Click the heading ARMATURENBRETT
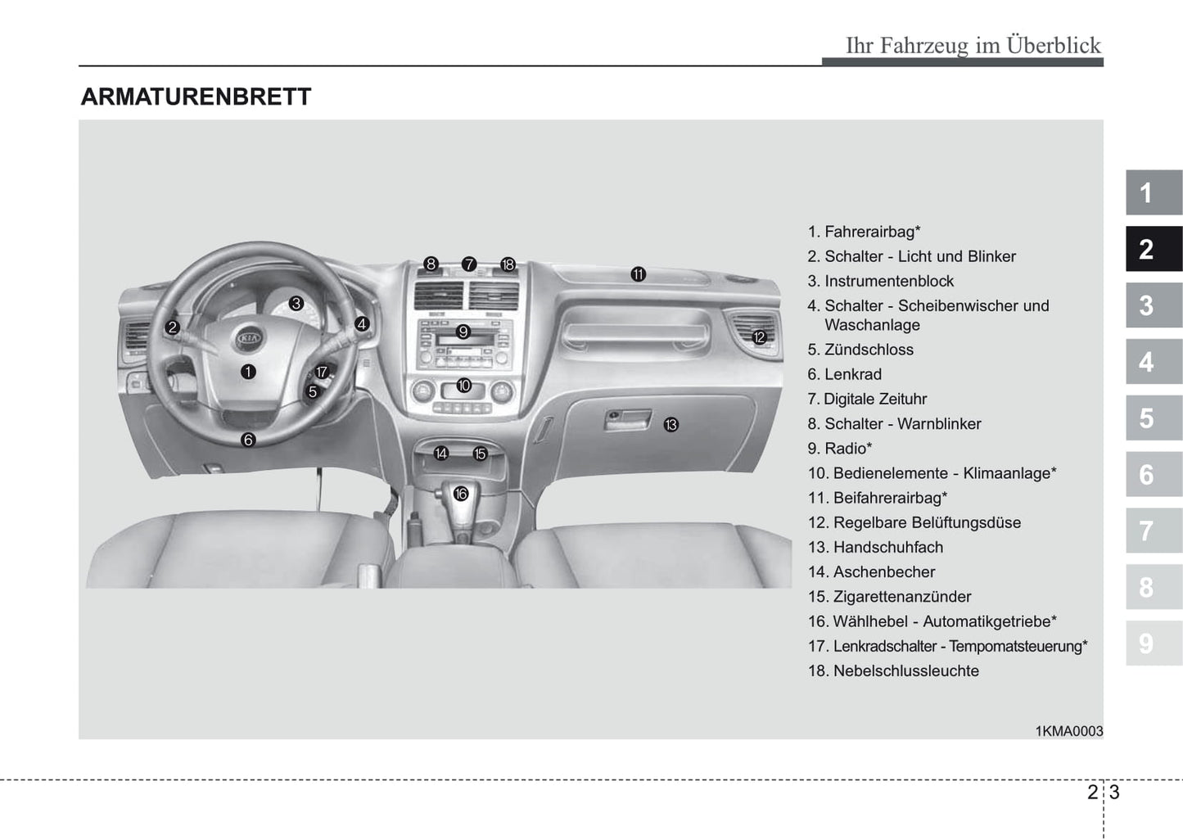(x=196, y=97)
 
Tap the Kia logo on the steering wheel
(x=249, y=337)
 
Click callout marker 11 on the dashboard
(x=638, y=274)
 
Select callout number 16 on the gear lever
(x=461, y=494)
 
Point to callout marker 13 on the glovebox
(x=671, y=425)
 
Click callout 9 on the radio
(x=463, y=332)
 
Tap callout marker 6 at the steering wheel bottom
(x=248, y=440)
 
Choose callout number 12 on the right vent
(x=759, y=337)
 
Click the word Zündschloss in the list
(x=869, y=350)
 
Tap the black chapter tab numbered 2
(x=1154, y=249)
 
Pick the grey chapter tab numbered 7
(x=1154, y=531)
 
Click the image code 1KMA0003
(x=1069, y=731)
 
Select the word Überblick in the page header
(x=1054, y=45)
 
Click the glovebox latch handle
(x=627, y=419)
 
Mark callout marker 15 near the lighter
(x=480, y=454)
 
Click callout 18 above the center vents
(x=508, y=264)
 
